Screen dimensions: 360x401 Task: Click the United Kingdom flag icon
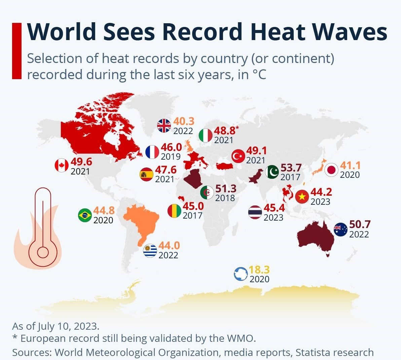pyautogui.click(x=164, y=126)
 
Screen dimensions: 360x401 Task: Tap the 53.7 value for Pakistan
pyautogui.click(x=291, y=168)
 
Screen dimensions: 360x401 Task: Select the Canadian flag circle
pyautogui.click(x=62, y=165)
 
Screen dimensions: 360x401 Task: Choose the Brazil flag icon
pyautogui.click(x=85, y=215)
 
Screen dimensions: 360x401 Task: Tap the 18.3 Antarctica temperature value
pyautogui.click(x=259, y=270)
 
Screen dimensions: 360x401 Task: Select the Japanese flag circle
pyautogui.click(x=331, y=170)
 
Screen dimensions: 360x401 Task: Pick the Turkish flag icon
pyautogui.click(x=239, y=156)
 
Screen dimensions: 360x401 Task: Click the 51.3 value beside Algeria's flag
pyautogui.click(x=226, y=189)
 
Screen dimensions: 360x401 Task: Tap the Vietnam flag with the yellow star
pyautogui.click(x=302, y=197)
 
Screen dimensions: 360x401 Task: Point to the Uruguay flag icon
pyautogui.click(x=150, y=251)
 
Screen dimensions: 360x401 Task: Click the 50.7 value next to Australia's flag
pyautogui.click(x=360, y=224)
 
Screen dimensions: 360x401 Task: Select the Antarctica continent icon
pyautogui.click(x=241, y=274)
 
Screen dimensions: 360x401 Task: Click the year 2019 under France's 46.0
pyautogui.click(x=171, y=157)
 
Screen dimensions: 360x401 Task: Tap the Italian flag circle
pyautogui.click(x=206, y=135)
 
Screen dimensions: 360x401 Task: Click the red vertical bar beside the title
pyautogui.click(x=17, y=51)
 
